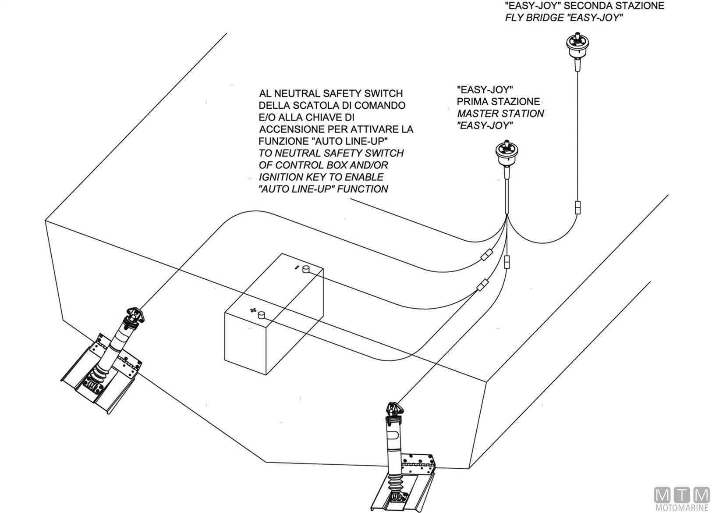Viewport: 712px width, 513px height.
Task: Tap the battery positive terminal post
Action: pos(262,314)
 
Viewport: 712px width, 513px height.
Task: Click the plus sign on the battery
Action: pos(252,310)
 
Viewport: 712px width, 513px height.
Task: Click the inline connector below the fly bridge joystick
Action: pos(578,207)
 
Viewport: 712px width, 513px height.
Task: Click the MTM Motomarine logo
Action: pos(681,499)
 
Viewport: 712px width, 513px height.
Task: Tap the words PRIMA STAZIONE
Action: pos(498,102)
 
